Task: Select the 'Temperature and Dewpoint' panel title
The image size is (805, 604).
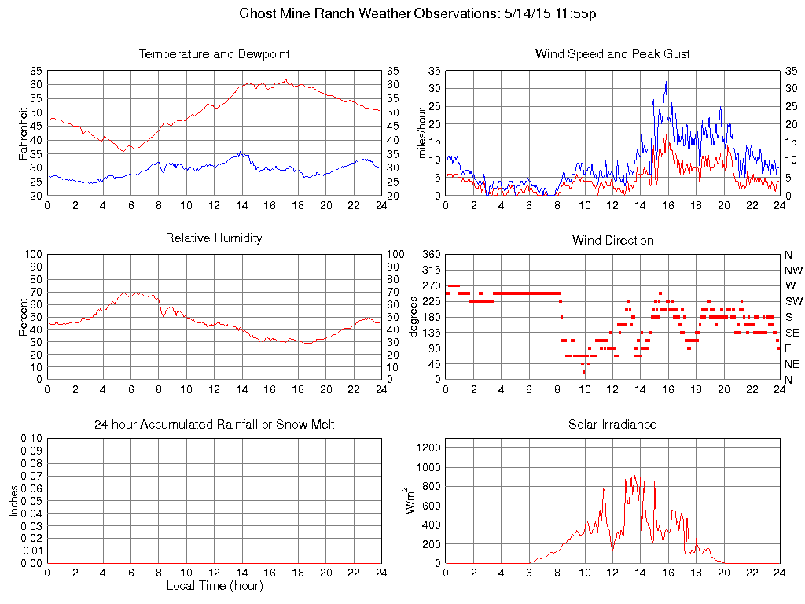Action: click(214, 54)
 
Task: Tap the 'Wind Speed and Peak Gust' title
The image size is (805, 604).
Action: click(612, 54)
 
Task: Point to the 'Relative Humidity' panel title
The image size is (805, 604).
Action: click(214, 238)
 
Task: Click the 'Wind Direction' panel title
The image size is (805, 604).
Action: click(612, 240)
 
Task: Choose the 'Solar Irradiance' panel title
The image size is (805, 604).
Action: click(612, 425)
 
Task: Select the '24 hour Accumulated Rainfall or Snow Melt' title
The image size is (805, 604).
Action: click(214, 425)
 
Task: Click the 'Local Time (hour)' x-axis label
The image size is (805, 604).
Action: click(214, 586)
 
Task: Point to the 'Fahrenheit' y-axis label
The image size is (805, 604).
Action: click(24, 134)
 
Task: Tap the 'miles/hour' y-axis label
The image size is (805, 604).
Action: click(422, 134)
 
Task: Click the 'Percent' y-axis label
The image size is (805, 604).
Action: click(24, 317)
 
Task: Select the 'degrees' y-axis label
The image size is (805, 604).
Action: click(414, 317)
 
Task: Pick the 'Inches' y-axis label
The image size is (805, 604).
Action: click(13, 500)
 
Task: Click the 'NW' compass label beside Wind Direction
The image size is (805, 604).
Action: click(792, 271)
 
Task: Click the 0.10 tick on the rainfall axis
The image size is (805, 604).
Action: click(31, 438)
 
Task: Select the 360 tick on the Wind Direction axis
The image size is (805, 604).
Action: click(430, 255)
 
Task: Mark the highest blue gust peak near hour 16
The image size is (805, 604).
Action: click(666, 82)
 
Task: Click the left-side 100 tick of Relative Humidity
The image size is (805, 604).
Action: click(33, 255)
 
